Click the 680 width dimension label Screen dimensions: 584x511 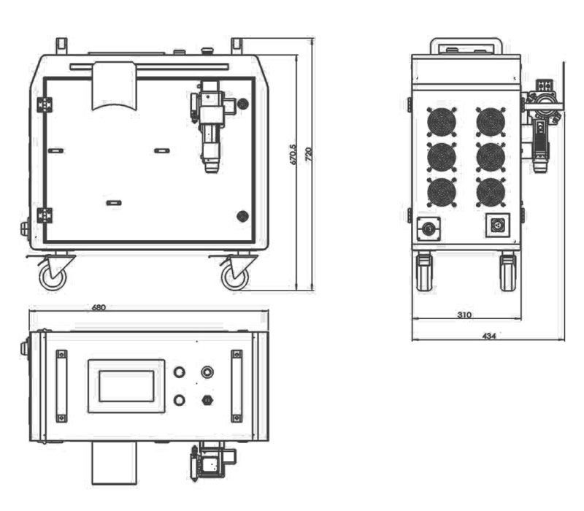tap(99, 307)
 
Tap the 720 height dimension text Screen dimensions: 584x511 tap(308, 154)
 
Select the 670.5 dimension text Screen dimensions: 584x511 tap(293, 154)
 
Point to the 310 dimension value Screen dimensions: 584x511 tap(464, 315)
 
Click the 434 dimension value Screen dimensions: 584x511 tap(489, 336)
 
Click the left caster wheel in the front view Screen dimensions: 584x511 tap(53, 277)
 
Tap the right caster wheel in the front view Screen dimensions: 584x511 tap(235, 277)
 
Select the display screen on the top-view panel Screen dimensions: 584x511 tap(126, 386)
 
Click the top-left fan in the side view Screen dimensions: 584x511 tap(442, 122)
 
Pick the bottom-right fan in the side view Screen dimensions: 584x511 tap(491, 192)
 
